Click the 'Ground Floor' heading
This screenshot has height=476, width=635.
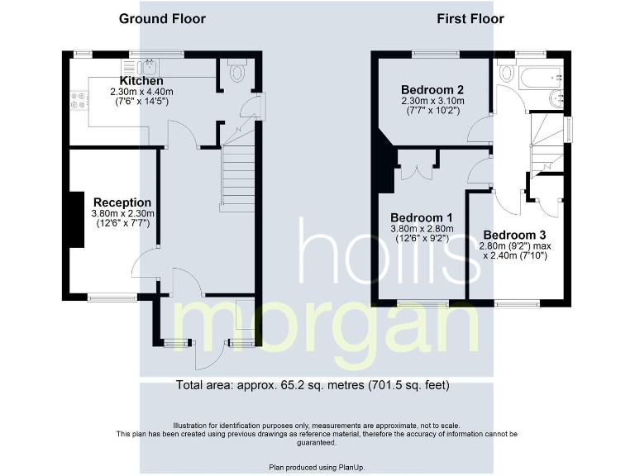coord(162,18)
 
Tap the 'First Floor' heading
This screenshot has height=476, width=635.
coord(470,18)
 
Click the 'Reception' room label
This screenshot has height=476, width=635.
coord(122,202)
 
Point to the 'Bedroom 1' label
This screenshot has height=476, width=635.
coord(422,218)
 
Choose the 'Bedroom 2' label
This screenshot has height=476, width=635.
coord(432,89)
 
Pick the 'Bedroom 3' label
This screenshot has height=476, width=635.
coord(514,234)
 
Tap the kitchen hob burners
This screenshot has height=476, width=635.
coord(80,101)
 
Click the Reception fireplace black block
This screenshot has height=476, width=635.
coord(76,219)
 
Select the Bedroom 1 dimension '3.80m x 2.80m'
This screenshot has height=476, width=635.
coord(422,230)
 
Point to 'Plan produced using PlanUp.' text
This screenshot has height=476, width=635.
coord(317,467)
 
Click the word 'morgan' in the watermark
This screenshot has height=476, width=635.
coord(327,331)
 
